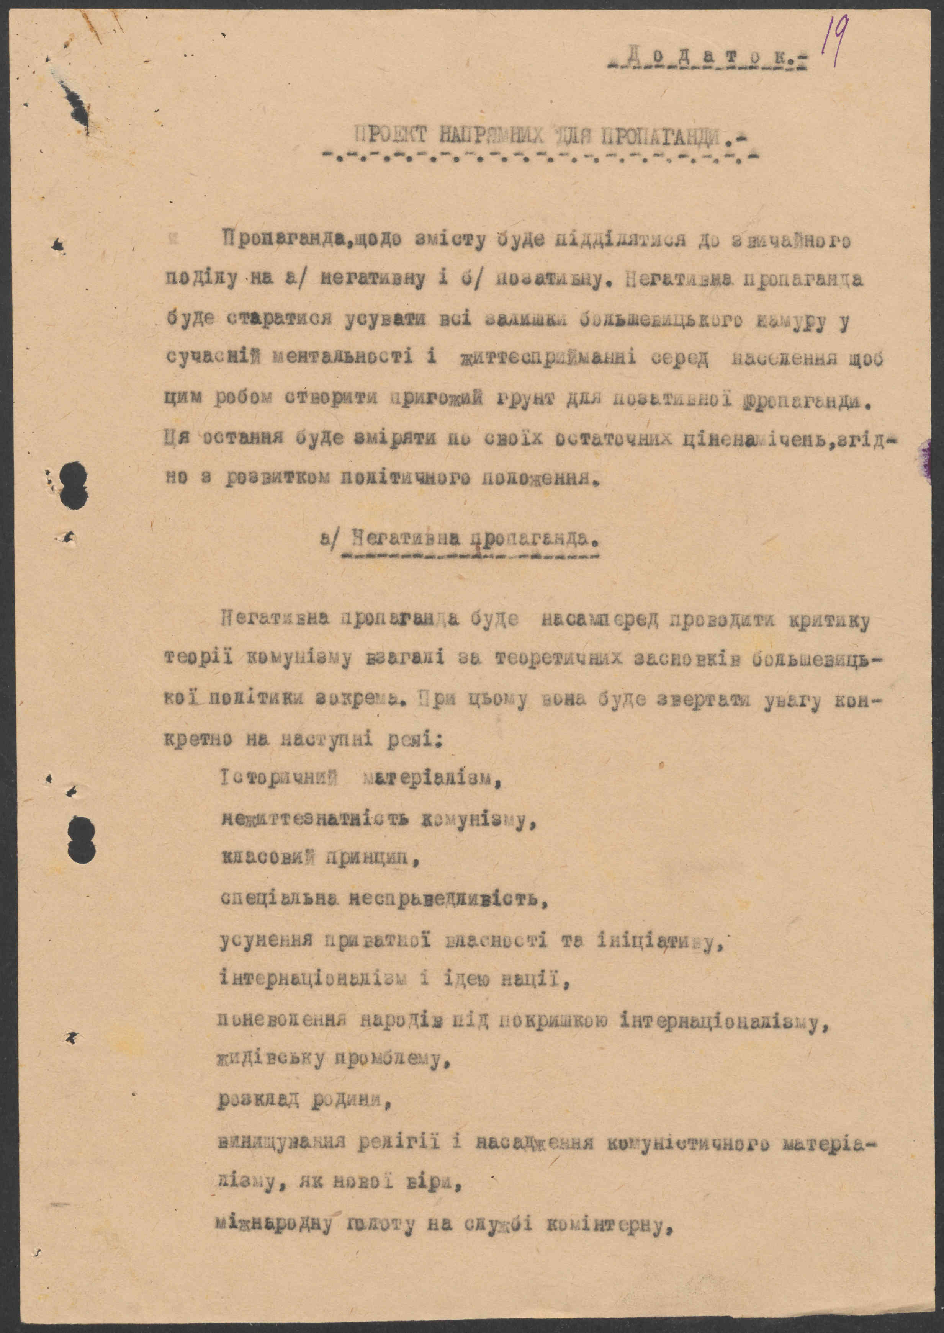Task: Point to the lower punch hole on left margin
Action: tap(81, 840)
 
